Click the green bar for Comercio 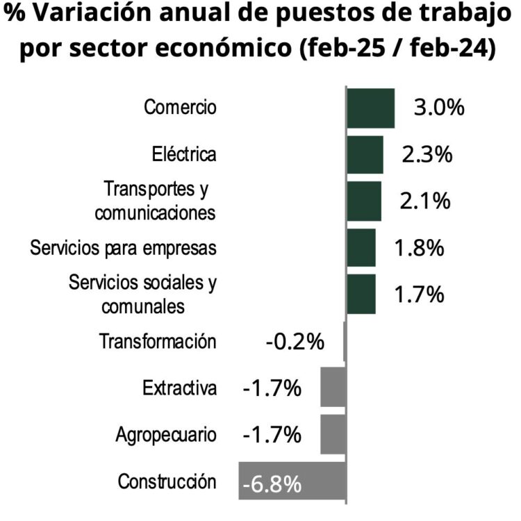point(370,108)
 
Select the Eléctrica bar point(365,154)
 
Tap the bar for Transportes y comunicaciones point(364,201)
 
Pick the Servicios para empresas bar point(361,247)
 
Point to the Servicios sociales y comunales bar point(361,294)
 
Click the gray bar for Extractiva point(333,388)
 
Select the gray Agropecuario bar point(333,434)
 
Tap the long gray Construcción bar point(292,480)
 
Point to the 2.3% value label point(427,154)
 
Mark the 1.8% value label point(419,247)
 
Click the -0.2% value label point(295,341)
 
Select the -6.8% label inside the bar point(272,482)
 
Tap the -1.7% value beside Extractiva point(272,388)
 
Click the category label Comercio point(180,108)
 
